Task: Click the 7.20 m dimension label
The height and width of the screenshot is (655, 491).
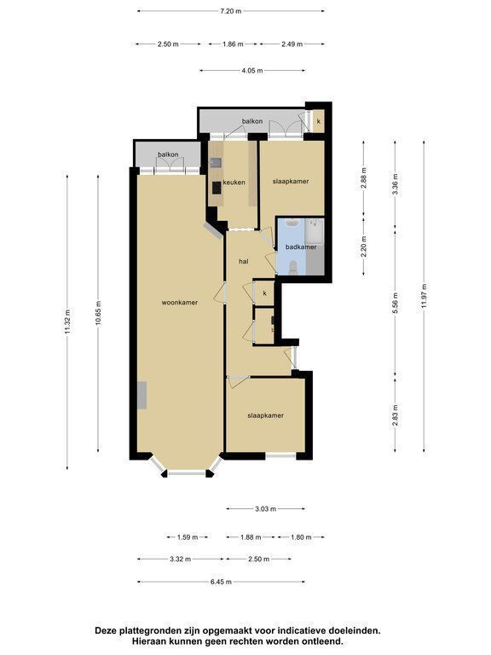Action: click(230, 11)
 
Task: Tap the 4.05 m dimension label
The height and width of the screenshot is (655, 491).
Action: click(252, 71)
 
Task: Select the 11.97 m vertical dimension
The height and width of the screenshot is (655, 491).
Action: click(425, 296)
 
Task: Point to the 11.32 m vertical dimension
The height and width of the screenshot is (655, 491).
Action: click(67, 322)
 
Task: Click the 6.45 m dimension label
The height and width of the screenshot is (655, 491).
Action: click(221, 582)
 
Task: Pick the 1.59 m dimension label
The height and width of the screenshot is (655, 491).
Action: click(187, 537)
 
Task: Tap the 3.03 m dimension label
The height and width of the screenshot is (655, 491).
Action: click(266, 509)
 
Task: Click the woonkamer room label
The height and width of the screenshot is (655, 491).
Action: click(180, 303)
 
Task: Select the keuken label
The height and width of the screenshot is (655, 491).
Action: click(234, 183)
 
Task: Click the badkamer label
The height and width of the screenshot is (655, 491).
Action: click(301, 246)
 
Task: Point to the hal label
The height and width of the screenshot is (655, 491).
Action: click(244, 262)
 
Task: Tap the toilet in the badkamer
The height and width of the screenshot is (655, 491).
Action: click(293, 267)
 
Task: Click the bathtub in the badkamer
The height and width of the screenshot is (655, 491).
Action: click(314, 232)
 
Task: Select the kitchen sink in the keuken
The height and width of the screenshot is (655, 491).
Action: click(216, 162)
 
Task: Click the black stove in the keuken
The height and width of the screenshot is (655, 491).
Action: click(217, 188)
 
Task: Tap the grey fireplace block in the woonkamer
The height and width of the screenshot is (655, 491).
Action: click(142, 395)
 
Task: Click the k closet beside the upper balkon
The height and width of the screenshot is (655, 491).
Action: click(319, 121)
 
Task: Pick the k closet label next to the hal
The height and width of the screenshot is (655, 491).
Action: click(265, 293)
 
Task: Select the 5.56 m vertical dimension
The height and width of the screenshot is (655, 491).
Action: click(396, 303)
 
